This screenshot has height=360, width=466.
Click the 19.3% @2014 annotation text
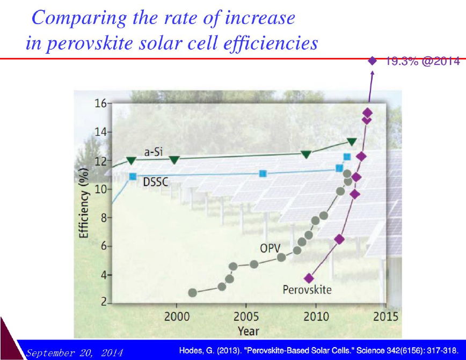[423, 61]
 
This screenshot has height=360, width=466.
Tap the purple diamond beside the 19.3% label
[372, 61]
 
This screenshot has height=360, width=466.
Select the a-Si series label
[154, 152]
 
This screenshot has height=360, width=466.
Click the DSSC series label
[156, 181]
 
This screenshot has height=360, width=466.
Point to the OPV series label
[270, 248]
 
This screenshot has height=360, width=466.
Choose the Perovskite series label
[307, 289]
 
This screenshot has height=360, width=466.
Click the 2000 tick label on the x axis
[177, 317]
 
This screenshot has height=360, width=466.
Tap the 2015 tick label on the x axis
[385, 317]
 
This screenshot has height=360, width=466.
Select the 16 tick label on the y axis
[100, 104]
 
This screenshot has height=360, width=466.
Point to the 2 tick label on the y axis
[104, 302]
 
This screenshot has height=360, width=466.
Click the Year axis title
[249, 331]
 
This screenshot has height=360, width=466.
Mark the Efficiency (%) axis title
[84, 203]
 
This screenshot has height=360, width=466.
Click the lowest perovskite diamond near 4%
[309, 278]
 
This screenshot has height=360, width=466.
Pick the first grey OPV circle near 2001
[193, 292]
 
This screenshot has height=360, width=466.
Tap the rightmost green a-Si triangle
[352, 142]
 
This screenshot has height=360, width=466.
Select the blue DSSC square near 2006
[263, 173]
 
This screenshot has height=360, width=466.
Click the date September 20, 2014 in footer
[74, 353]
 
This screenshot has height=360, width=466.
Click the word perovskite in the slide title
[90, 43]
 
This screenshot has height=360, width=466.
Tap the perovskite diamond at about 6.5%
[339, 239]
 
